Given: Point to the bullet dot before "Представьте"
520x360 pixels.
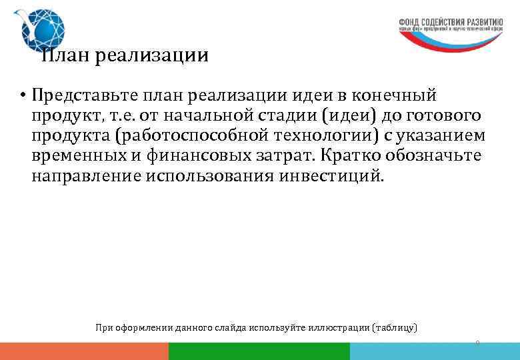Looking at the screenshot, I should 22,95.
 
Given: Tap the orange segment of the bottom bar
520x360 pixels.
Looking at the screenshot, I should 84,351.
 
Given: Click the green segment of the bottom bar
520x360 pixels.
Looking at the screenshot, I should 259,351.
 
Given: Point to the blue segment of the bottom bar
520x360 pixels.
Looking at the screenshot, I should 434,351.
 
